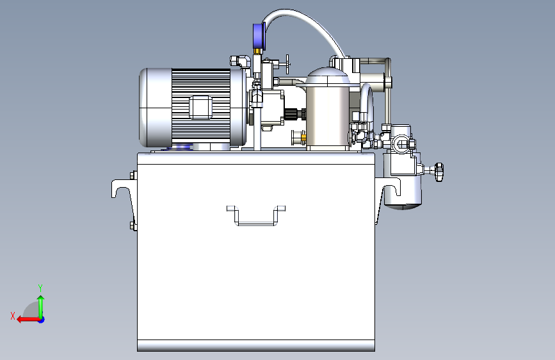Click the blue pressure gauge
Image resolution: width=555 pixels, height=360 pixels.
pos(259,36)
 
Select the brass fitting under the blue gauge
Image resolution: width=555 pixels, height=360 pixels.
pos(257,52)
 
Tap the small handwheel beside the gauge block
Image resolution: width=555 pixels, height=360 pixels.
pos(287,65)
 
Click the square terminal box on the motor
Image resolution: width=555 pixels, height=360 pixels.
pos(201,107)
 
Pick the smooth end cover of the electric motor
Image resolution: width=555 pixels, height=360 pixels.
pos(155,108)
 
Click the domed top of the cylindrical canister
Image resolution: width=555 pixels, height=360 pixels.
pos(327,76)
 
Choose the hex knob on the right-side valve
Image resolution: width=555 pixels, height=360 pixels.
pos(438,172)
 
